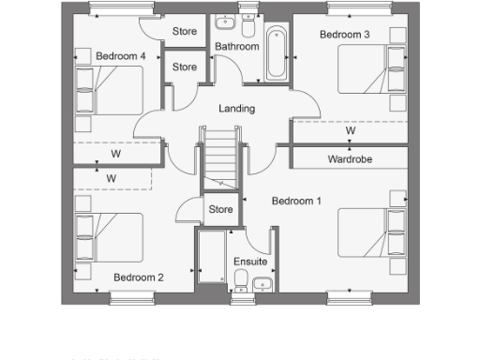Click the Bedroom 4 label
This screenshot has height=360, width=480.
point(120,56)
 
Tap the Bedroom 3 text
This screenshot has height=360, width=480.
point(344,35)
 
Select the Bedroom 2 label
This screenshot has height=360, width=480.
point(139,277)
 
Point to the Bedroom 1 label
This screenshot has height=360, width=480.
point(296,201)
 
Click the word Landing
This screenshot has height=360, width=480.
point(236,109)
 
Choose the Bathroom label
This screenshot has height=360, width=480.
point(236,46)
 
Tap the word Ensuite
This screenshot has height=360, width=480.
point(250,262)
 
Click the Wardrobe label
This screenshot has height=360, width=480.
point(350,159)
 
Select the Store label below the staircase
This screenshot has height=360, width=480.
point(220,209)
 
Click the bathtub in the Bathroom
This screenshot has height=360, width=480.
point(276,54)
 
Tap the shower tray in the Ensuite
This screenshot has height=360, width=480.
point(210,262)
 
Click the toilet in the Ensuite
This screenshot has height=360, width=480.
point(240,279)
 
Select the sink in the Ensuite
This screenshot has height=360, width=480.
point(263,283)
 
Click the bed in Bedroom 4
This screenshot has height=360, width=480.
point(109,89)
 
